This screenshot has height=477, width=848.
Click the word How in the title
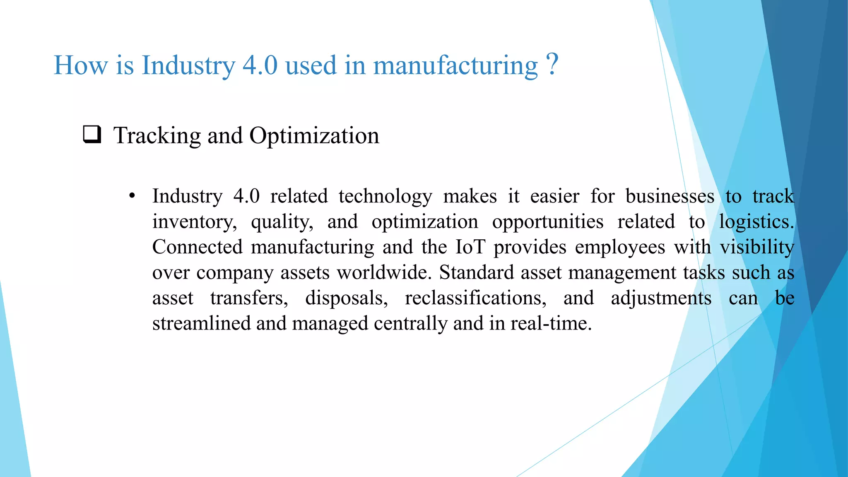tap(80, 65)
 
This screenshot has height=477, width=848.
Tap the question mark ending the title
tap(552, 64)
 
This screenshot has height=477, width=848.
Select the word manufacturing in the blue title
tap(455, 66)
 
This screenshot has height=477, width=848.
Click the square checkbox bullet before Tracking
tap(92, 135)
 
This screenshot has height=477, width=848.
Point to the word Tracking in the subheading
tap(157, 136)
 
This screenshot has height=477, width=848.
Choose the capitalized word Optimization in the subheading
tap(314, 136)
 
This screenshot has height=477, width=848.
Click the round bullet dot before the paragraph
tap(132, 196)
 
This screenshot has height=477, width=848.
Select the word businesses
tap(670, 196)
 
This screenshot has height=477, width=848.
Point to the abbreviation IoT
tap(470, 247)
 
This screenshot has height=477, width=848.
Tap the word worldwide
tap(384, 273)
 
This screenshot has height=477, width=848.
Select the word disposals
tap(346, 299)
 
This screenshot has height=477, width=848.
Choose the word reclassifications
tap(475, 299)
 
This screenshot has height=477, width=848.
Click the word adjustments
tap(661, 299)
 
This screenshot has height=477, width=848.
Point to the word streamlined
tap(202, 323)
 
